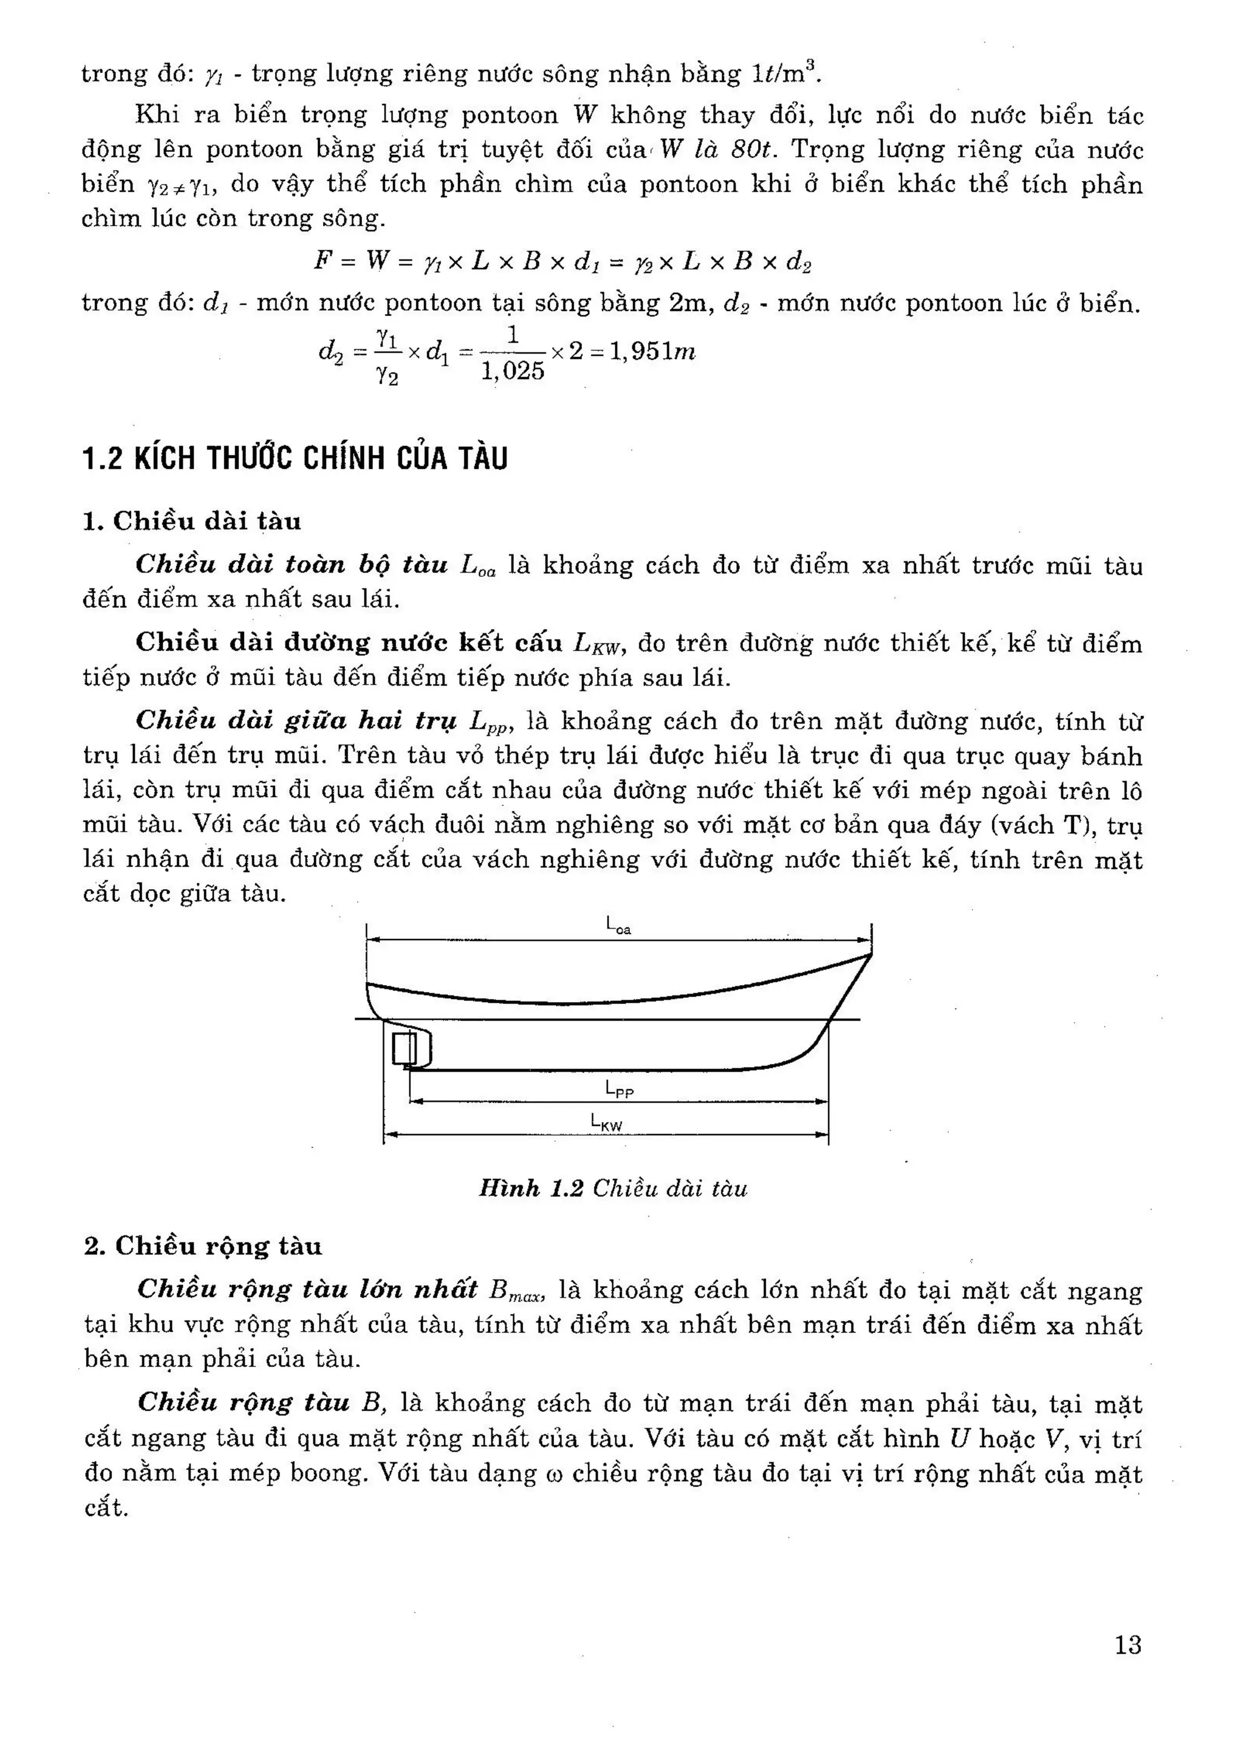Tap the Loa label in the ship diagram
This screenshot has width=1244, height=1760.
pos(618,926)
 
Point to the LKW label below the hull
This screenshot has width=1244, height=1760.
pos(606,1123)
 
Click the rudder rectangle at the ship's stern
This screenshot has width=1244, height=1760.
pos(404,1049)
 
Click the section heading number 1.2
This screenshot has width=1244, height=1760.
pos(102,459)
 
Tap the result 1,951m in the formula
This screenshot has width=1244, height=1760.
pos(652,352)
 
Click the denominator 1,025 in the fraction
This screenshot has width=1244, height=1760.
pos(513,372)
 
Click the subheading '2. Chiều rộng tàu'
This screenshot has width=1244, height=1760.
pos(203,1246)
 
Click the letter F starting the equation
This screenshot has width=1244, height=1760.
pos(323,261)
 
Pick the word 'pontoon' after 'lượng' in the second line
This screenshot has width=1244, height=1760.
pos(509,115)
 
